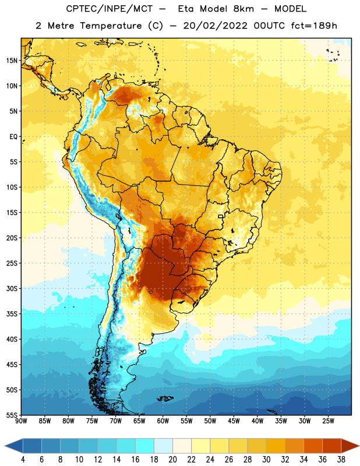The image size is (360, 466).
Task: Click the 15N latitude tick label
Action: tap(12, 61)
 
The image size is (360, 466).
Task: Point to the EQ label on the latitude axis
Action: tap(13, 137)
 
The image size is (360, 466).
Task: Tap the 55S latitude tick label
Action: tap(12, 415)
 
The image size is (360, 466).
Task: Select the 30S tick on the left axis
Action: tap(12, 288)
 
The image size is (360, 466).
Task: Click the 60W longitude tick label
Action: tap(163, 421)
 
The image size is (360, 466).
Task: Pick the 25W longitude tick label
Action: tap(328, 421)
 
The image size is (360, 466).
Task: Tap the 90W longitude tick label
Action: tap(21, 421)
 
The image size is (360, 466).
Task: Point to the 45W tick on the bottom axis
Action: tap(234, 421)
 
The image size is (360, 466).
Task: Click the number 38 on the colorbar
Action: tap(341, 460)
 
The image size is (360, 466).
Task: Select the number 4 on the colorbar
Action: tap(23, 460)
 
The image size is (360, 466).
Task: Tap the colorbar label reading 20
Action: tap(172, 460)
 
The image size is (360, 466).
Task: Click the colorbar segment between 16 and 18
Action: tap(145, 446)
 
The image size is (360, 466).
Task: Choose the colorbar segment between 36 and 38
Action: tap(332, 446)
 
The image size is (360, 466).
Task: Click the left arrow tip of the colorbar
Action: tap(5, 446)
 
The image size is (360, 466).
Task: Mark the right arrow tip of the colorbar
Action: tap(359, 446)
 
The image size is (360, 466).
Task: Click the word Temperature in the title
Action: tap(111, 26)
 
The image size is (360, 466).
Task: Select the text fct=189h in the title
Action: tap(314, 26)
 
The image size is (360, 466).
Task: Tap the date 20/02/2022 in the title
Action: tap(215, 26)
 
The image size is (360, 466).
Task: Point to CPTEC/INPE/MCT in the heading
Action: tap(110, 9)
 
